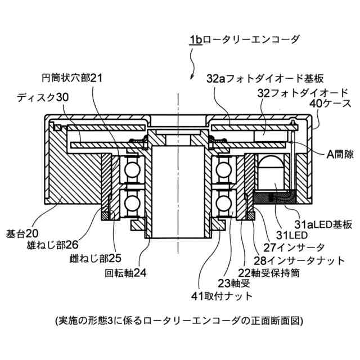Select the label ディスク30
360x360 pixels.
(42, 97)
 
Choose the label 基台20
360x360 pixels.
(21, 233)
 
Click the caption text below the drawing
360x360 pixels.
(179, 321)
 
